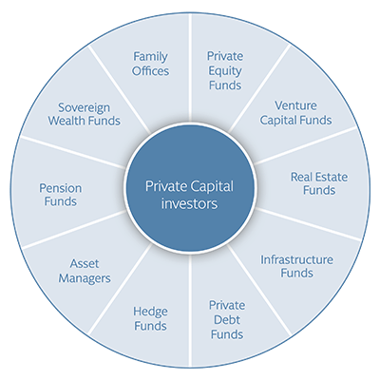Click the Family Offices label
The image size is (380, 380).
coord(150,64)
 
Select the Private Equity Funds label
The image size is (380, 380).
coord(225,70)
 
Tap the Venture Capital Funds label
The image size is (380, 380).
coord(295,113)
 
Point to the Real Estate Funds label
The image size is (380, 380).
coord(319,183)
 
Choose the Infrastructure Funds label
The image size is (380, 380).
coord(296,266)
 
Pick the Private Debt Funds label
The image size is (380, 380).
coord(227,320)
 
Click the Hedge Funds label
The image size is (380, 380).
coord(150,319)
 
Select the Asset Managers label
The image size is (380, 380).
coord(85,271)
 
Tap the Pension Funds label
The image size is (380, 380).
coord(61,195)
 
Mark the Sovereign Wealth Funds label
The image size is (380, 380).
coord(85,114)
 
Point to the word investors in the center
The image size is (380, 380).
coord(189,203)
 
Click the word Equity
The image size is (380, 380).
coord(225,71)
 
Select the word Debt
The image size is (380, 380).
coord(227,320)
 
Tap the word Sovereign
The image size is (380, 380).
coord(85,108)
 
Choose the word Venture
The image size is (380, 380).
coord(295,105)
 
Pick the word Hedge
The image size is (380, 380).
coord(150,313)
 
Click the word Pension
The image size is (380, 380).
coord(61,188)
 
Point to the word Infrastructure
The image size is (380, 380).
coord(296,260)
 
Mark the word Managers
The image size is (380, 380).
coord(85,278)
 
